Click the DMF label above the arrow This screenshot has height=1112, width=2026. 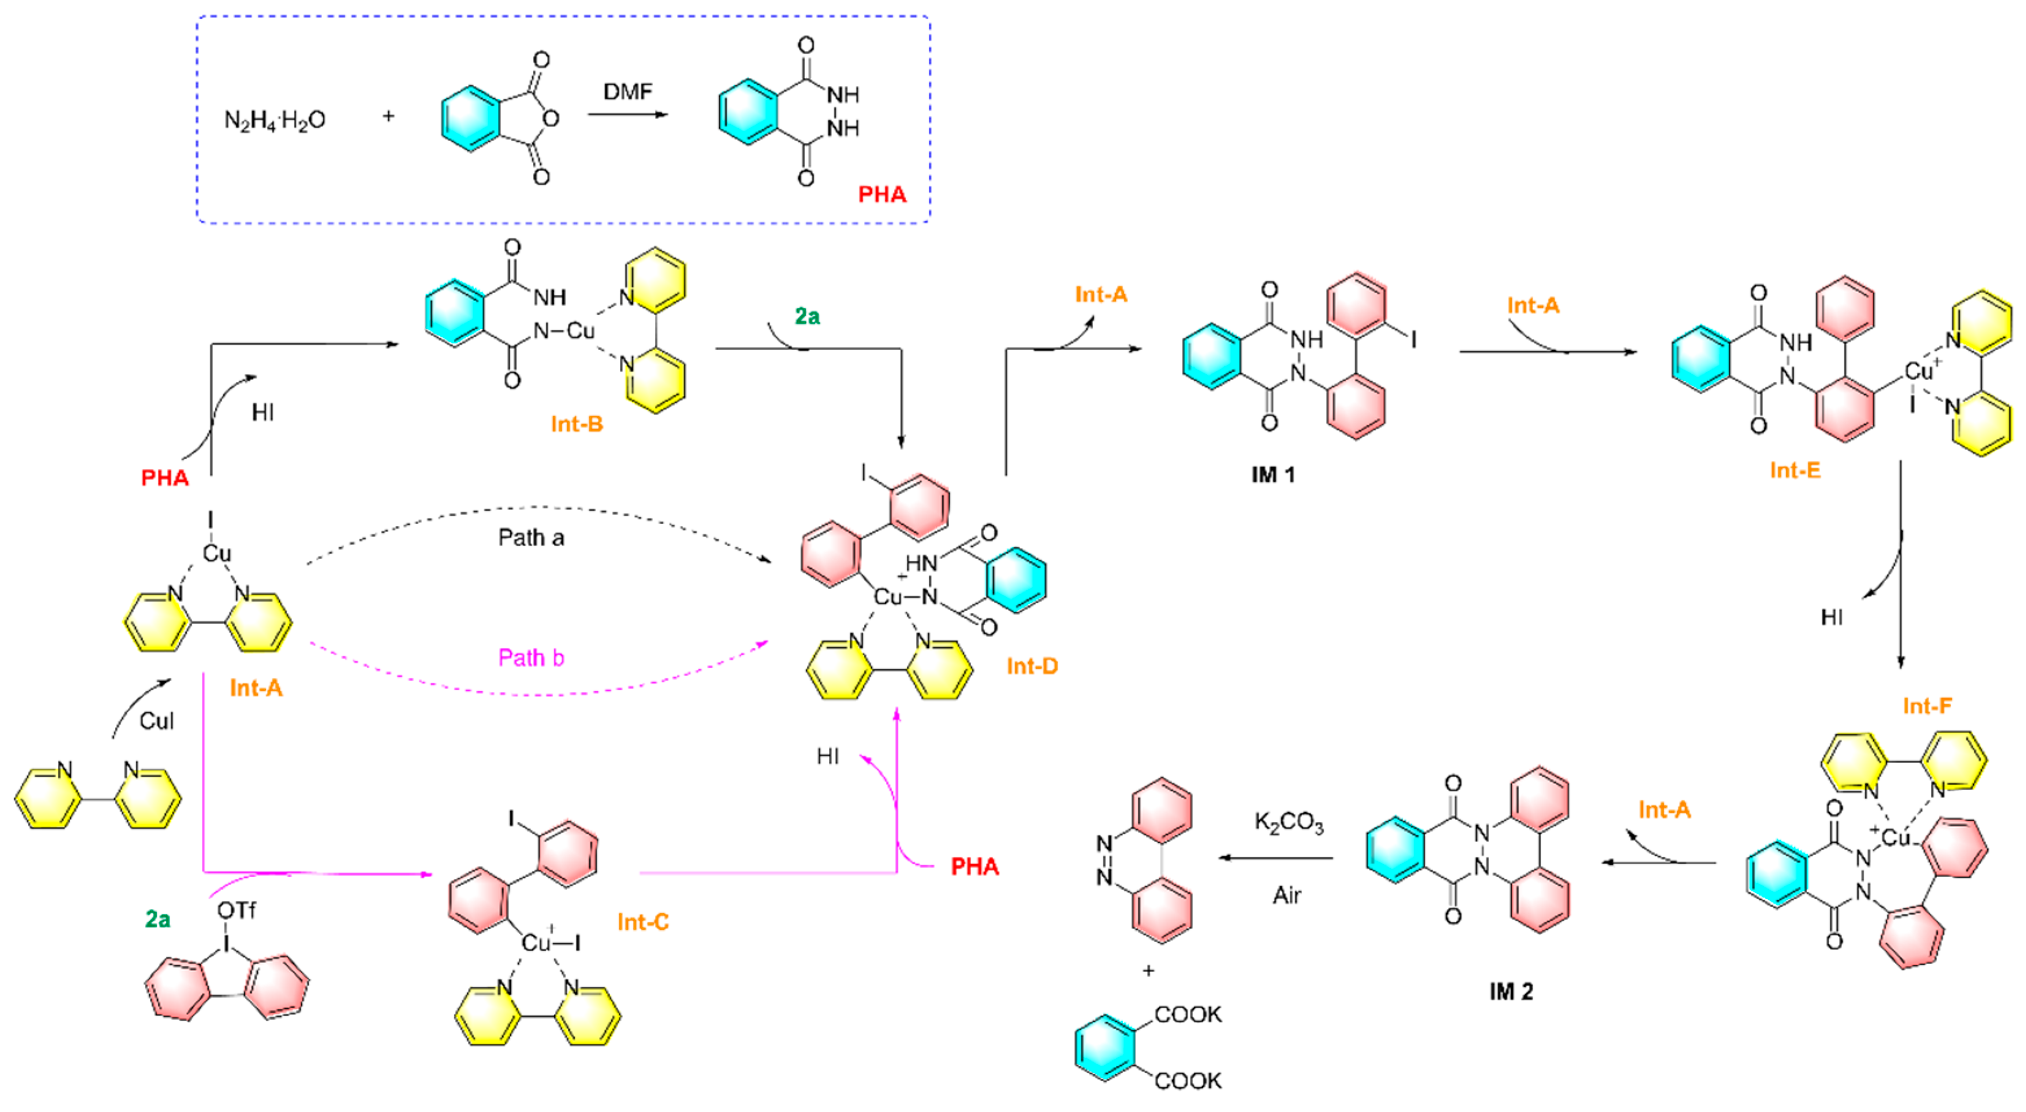(627, 92)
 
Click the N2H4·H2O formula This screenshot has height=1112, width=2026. (275, 120)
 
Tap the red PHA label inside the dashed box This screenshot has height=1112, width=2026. (882, 194)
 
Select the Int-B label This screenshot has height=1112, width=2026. (576, 424)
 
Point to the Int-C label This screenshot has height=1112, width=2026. (643, 922)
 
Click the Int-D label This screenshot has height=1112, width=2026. (1032, 666)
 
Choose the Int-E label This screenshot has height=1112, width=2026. (1795, 470)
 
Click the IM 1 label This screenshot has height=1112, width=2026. (1272, 474)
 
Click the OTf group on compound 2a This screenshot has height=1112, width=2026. (236, 911)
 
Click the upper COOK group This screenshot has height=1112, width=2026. (1188, 1014)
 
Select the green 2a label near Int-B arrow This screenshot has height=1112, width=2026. (807, 316)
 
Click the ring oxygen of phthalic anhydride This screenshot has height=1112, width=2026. (550, 119)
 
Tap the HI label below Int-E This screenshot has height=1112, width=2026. (1832, 618)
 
